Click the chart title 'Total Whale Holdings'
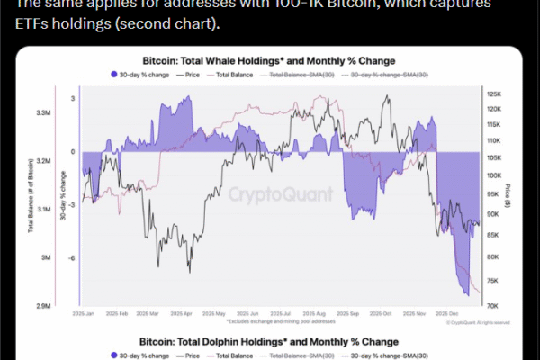click(x=269, y=61)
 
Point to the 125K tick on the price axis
click(x=494, y=94)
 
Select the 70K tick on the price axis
click(x=494, y=306)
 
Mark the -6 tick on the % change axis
click(x=72, y=257)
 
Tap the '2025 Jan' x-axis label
click(x=83, y=314)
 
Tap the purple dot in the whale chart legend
click(x=112, y=74)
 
